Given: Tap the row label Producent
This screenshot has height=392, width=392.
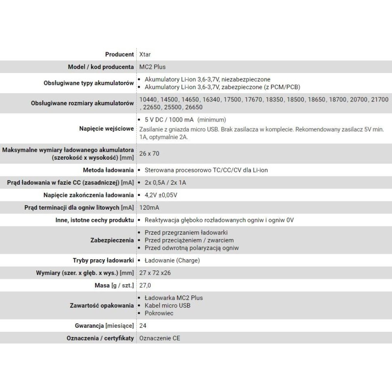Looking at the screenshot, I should (119, 54).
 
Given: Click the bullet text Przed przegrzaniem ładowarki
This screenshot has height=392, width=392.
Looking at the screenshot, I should (187, 233).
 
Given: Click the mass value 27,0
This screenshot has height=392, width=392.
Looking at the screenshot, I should (146, 285).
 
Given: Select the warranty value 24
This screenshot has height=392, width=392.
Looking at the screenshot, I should (143, 325).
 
